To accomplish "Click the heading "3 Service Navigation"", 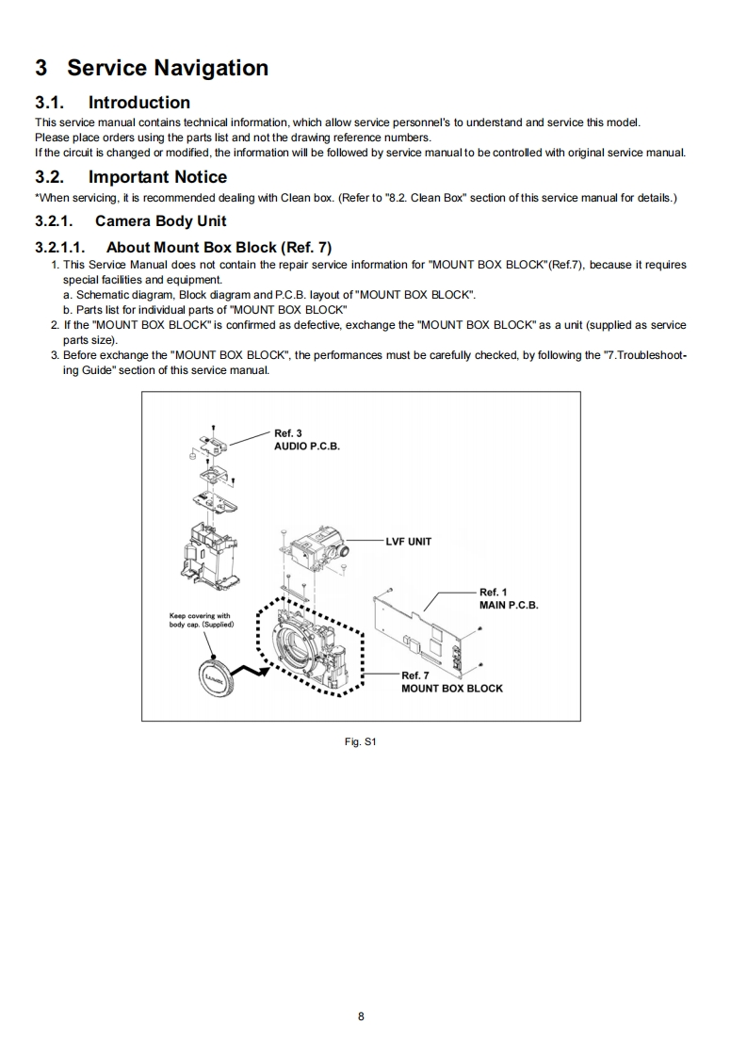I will coord(152,68).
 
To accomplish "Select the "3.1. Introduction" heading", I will coord(112,103).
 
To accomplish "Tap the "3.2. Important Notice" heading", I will coord(131,177).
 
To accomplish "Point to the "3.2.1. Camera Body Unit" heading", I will coord(131,221).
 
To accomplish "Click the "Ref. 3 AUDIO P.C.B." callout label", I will coord(306,439).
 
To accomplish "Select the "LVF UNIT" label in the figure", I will coord(409,542).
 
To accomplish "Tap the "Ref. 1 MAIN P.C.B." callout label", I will coord(508,599).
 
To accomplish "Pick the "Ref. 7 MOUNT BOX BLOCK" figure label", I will coord(451,682).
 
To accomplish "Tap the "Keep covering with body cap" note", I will coord(201,621).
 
